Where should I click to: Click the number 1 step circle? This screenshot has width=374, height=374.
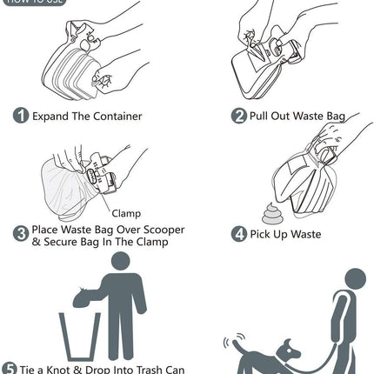coord(21,116)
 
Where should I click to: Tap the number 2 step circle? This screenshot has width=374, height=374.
coord(238,116)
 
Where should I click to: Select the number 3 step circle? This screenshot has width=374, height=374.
coord(21,232)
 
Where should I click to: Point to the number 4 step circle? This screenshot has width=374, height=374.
coord(238,233)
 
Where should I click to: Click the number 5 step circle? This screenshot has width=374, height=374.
coord(10,368)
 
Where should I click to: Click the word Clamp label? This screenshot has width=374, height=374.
coord(126,213)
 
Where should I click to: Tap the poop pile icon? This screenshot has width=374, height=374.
coord(272,212)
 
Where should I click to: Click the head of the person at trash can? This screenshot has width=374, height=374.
coord(121,261)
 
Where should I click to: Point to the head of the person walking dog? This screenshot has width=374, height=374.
coord(355,278)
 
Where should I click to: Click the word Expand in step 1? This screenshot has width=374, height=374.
coord(53,116)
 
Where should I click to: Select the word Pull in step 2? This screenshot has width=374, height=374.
coord(263,116)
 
